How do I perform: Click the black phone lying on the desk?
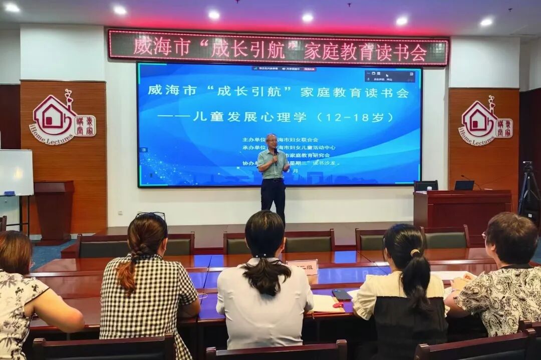point(342,294)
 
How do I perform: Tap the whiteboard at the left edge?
point(16,172)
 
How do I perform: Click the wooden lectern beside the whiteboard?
point(54,208)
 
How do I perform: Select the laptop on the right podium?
point(464,185)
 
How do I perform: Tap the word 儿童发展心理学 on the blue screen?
point(249,117)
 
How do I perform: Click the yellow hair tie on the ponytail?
point(415,252)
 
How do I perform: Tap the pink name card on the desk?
point(303,266)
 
